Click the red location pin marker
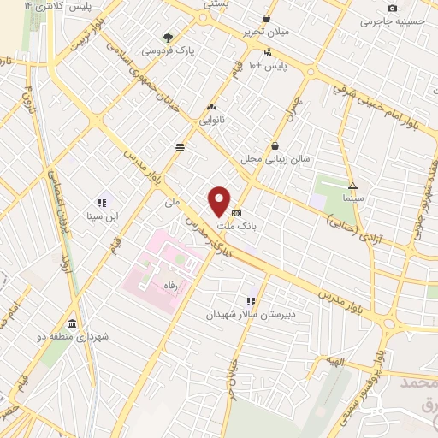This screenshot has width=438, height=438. tap(220, 201)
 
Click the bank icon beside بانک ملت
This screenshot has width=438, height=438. tap(236, 213)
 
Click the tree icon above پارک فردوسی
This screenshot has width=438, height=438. tap(168, 38)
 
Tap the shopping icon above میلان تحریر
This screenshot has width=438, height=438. tap(267, 18)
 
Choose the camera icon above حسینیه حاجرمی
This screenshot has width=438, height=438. tap(393, 8)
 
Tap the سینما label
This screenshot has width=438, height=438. tap(352, 198)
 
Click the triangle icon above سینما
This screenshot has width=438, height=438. tap(352, 185)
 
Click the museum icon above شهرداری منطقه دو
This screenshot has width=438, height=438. tap(71, 323)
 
